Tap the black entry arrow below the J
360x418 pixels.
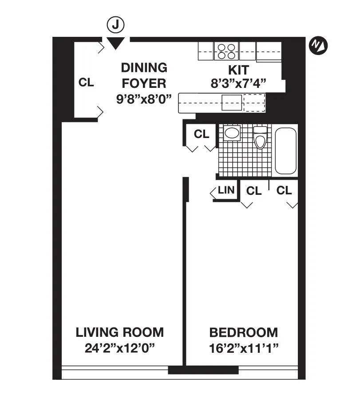click(x=116, y=43)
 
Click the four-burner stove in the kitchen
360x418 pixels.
click(x=227, y=51)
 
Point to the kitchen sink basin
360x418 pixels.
click(x=232, y=103)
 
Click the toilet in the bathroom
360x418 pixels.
click(x=260, y=137)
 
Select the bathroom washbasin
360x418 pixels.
click(x=232, y=133)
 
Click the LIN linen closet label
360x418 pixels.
click(x=226, y=191)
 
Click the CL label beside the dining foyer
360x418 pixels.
click(x=86, y=83)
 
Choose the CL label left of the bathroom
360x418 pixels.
click(x=202, y=134)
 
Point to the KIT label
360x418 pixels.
click(x=238, y=70)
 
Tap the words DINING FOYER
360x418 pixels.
click(x=144, y=75)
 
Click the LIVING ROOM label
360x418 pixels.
click(x=119, y=332)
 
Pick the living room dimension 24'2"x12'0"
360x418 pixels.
click(x=119, y=347)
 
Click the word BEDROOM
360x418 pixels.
click(x=244, y=332)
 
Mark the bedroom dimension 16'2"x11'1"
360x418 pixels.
click(x=244, y=347)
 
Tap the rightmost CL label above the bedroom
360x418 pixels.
click(x=284, y=190)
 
